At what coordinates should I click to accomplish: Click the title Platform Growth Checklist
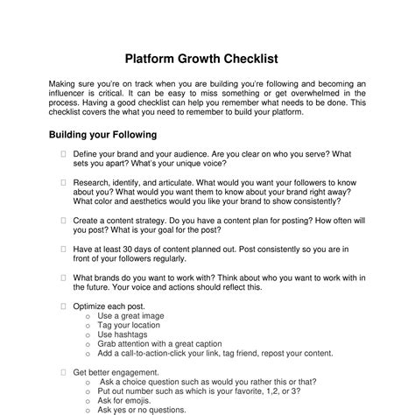click(x=207, y=60)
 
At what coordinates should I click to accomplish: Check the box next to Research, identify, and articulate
click(x=64, y=182)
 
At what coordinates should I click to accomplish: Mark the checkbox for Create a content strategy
click(x=64, y=221)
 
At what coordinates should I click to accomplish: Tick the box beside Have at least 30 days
click(x=64, y=249)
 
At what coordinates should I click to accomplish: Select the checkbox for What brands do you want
click(x=64, y=278)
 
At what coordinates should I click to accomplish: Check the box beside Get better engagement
click(x=64, y=372)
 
